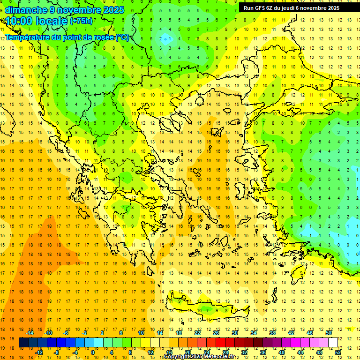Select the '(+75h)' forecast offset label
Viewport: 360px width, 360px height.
[x=81, y=21]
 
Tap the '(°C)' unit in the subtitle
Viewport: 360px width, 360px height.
[x=122, y=37]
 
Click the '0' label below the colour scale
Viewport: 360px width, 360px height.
[x=93, y=352]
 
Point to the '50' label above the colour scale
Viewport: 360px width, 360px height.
[x=328, y=333]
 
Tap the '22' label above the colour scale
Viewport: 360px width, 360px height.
[x=197, y=333]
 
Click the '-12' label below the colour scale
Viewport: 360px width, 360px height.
[x=39, y=352]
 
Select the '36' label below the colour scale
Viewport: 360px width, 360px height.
[x=263, y=352]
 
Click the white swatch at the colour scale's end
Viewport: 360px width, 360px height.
[x=333, y=343]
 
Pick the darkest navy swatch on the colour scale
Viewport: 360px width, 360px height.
[x=23, y=343]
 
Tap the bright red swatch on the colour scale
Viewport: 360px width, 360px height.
[x=220, y=343]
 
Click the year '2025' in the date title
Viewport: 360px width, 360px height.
[x=114, y=10]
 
